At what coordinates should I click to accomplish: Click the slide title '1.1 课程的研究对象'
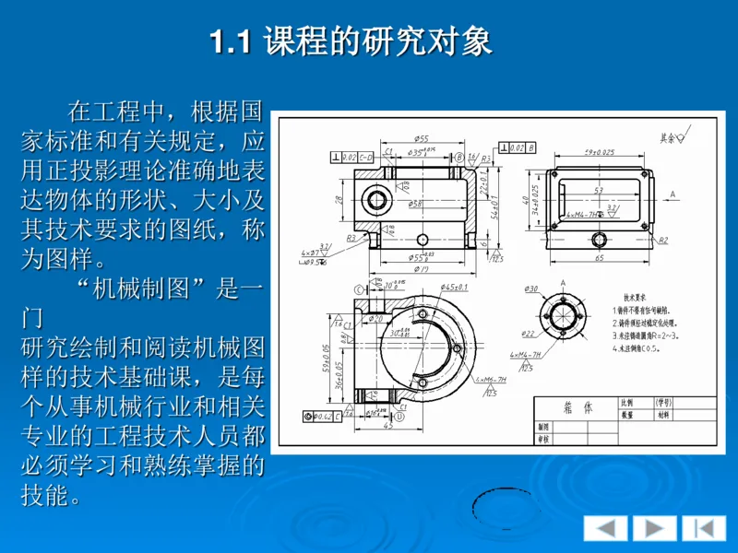(x=351, y=41)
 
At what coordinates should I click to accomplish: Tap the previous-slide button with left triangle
(x=605, y=528)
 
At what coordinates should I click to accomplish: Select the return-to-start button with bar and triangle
(x=703, y=528)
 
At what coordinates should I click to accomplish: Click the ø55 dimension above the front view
(x=422, y=139)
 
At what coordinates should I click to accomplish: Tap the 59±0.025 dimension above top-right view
(x=600, y=152)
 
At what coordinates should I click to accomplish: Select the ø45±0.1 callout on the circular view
(x=453, y=288)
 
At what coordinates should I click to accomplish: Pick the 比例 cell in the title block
(x=627, y=403)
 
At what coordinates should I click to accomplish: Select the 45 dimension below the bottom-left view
(x=387, y=425)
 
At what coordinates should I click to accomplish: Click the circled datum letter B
(x=458, y=158)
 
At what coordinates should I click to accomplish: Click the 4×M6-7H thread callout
(x=491, y=379)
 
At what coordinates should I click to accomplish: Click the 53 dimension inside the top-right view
(x=599, y=191)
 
